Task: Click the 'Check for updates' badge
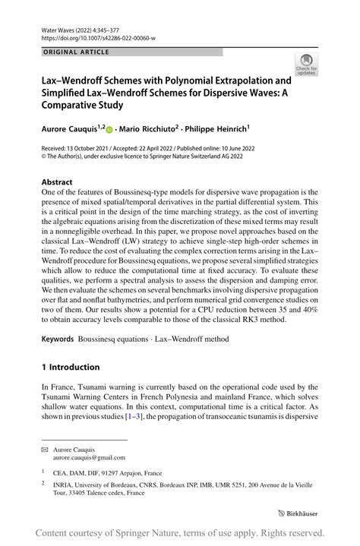tap(306, 65)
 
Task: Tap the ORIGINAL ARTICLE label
tap(76, 52)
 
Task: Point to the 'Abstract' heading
tap(57, 182)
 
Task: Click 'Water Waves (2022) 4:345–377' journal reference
tap(84, 27)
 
